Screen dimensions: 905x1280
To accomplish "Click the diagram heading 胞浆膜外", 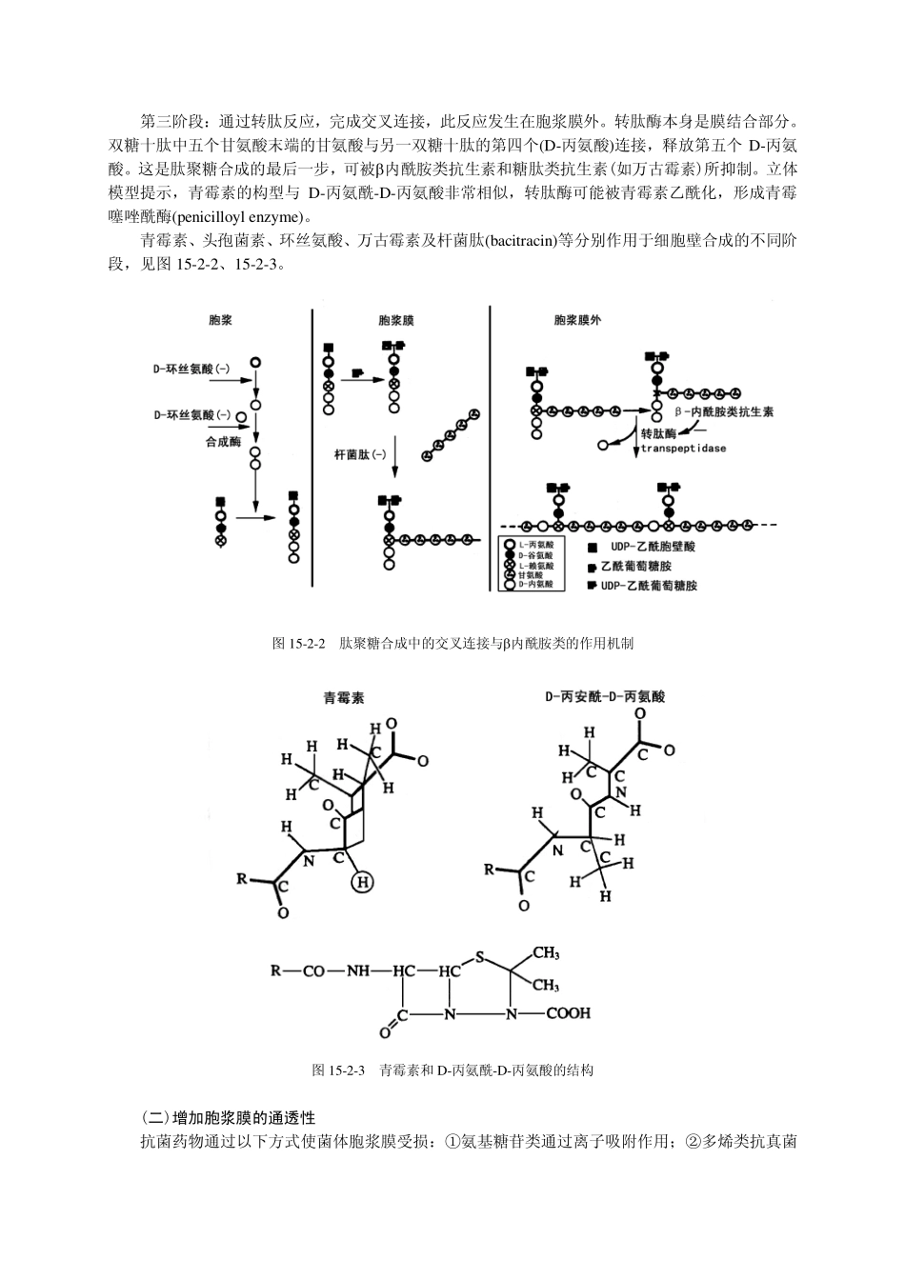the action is pyautogui.click(x=577, y=321).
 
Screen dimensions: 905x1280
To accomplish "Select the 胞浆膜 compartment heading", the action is pyautogui.click(x=395, y=321).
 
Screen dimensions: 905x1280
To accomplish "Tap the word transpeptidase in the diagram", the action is pyautogui.click(x=683, y=448).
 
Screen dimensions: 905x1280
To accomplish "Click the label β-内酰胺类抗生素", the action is pyautogui.click(x=723, y=412).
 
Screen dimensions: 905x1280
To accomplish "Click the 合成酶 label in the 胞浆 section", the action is pyautogui.click(x=223, y=443).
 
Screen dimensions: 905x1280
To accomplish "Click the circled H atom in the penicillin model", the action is pyautogui.click(x=362, y=883).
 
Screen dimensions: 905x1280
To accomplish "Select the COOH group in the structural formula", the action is pyautogui.click(x=568, y=1013).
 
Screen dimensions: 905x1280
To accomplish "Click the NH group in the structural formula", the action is pyautogui.click(x=357, y=971).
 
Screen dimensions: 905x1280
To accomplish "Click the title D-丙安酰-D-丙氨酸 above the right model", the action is pyautogui.click(x=606, y=696).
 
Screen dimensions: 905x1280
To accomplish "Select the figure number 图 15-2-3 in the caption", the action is pyautogui.click(x=339, y=1070).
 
